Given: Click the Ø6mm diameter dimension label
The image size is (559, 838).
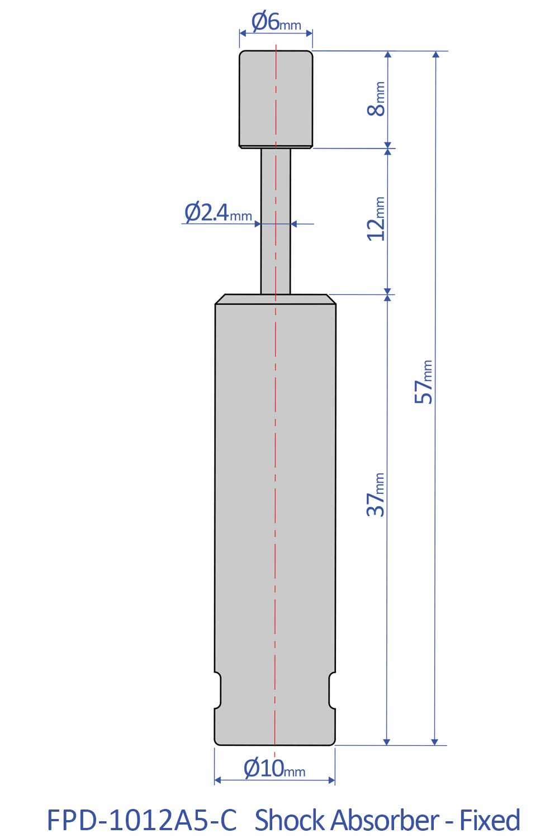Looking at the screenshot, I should point(276,23).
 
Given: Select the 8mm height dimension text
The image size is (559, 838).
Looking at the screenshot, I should point(377,99).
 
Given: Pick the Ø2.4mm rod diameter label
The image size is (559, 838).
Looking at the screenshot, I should point(218,213).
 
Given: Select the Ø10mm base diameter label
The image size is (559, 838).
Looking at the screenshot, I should point(274,769).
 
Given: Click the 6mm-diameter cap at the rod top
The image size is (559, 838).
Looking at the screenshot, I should point(276,99).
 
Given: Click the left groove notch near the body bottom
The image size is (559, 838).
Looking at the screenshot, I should point(219,691).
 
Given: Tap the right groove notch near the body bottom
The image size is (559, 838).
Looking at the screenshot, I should point(332,691).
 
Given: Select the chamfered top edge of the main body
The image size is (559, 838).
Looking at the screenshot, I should point(276,299).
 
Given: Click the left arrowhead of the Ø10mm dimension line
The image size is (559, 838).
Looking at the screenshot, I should point(218,780).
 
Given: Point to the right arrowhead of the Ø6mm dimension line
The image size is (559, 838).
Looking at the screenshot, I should point(309,33).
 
